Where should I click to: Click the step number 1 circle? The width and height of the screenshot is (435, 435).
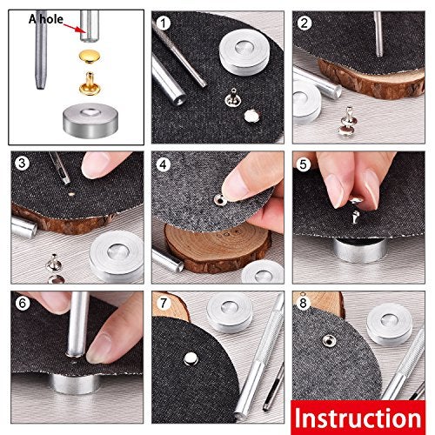pos(164,23)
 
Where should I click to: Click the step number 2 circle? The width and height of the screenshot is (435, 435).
pos(304,23)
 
